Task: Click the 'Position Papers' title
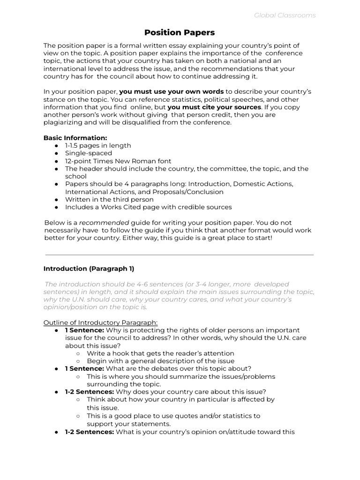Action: click(x=180, y=32)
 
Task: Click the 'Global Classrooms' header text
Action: click(x=285, y=15)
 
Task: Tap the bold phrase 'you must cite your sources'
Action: click(x=214, y=107)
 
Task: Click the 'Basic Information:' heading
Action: click(x=75, y=138)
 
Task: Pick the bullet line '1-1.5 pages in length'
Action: click(x=98, y=146)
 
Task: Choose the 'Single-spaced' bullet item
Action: click(x=89, y=153)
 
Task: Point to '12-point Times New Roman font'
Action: click(x=118, y=161)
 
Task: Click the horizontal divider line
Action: click(x=180, y=255)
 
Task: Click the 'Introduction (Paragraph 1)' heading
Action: click(x=89, y=269)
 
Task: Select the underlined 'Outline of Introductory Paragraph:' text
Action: click(x=100, y=322)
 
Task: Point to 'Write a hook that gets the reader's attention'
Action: click(x=160, y=353)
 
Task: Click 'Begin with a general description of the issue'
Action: click(x=161, y=361)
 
